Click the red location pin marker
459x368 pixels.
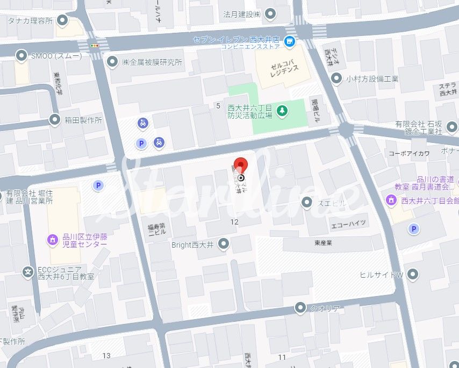[241, 164]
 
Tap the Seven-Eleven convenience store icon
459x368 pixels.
[290, 41]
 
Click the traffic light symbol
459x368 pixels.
[95, 46]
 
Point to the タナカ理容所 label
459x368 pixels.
[30, 21]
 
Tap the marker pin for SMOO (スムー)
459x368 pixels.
[21, 55]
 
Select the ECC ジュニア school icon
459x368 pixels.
[28, 272]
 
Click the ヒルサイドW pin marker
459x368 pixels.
[413, 275]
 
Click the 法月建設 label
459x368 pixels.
[242, 13]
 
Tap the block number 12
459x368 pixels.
[234, 222]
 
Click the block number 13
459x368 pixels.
[106, 356]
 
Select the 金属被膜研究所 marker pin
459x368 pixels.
[112, 62]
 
